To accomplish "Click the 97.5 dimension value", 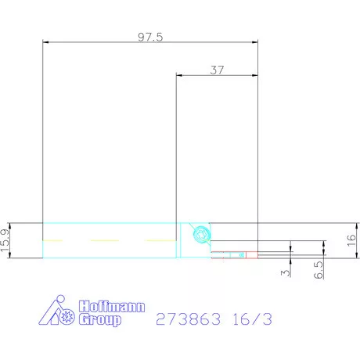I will pos(149,37).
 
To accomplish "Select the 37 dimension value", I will pos(217,69).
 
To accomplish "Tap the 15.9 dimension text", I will pos(6,240).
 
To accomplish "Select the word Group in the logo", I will pos(101,320).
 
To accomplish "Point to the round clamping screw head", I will pos(200,232).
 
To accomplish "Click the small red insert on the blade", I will pos(243,254).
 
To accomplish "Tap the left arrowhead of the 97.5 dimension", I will pos(45,43).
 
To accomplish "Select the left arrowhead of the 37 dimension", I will pos(180,75).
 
